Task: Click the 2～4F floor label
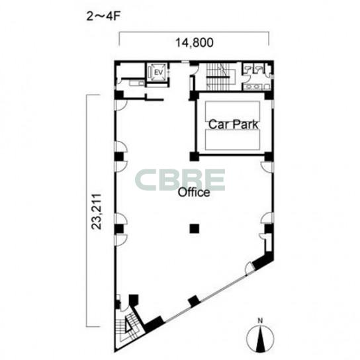click(103, 17)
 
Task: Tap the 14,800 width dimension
click(195, 43)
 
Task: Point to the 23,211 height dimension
click(97, 212)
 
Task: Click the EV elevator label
click(158, 73)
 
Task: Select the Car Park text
click(233, 124)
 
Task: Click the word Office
click(194, 193)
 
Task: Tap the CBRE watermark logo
click(180, 180)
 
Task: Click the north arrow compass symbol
click(260, 338)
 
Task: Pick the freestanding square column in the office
click(195, 229)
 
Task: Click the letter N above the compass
click(260, 320)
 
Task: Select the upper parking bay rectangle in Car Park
click(232, 111)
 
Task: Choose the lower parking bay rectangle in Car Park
click(232, 140)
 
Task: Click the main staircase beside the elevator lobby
click(218, 77)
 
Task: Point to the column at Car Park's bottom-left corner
click(194, 156)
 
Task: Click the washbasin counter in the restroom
click(253, 87)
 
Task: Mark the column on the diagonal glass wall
click(194, 300)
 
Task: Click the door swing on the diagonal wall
click(249, 269)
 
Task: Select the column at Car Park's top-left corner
click(193, 96)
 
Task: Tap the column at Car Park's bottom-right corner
click(269, 156)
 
